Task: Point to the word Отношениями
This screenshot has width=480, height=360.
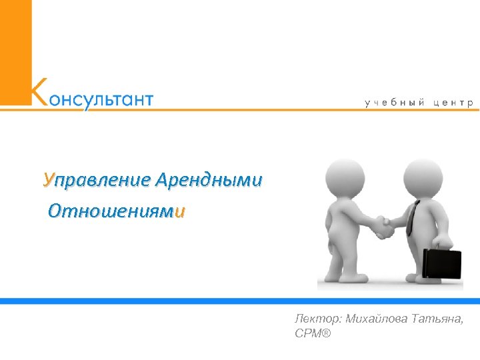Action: pyautogui.click(x=117, y=213)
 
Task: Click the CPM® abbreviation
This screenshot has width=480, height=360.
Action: pyautogui.click(x=312, y=331)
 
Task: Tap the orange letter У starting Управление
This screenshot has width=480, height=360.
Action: pyautogui.click(x=47, y=180)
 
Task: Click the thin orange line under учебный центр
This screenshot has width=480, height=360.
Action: pyautogui.click(x=333, y=109)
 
